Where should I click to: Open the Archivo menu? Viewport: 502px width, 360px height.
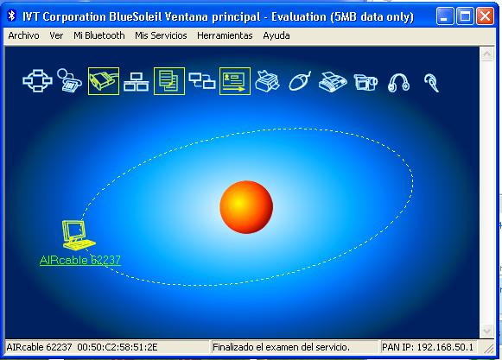pyautogui.click(x=23, y=35)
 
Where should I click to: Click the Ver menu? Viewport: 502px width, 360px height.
pyautogui.click(x=56, y=35)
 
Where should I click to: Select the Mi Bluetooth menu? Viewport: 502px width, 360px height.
pyautogui.click(x=98, y=35)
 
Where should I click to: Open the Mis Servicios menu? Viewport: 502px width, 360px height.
pyautogui.click(x=161, y=35)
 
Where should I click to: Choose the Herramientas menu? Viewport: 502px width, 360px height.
pyautogui.click(x=225, y=35)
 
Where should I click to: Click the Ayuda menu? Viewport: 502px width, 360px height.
pyautogui.click(x=276, y=35)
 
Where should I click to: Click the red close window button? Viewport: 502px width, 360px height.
pyautogui.click(x=485, y=16)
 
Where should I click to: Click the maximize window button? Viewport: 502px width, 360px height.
pyautogui.click(x=465, y=16)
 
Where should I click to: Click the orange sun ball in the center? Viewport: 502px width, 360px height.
pyautogui.click(x=246, y=207)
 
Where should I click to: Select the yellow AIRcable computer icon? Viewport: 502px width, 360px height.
pyautogui.click(x=78, y=235)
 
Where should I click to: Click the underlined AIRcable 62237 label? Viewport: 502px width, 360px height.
pyautogui.click(x=80, y=260)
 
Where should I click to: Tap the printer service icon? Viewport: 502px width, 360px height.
pyautogui.click(x=267, y=81)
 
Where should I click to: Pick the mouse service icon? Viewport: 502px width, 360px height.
pyautogui.click(x=300, y=81)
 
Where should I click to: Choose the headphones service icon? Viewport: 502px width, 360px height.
pyautogui.click(x=398, y=83)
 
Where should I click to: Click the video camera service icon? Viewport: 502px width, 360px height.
pyautogui.click(x=365, y=82)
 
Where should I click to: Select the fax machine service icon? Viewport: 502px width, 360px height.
pyautogui.click(x=333, y=82)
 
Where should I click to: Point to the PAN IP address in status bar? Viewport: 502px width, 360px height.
pyautogui.click(x=428, y=347)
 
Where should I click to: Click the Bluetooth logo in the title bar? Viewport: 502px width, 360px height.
pyautogui.click(x=12, y=16)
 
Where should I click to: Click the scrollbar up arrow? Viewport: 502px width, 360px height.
pyautogui.click(x=487, y=54)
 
